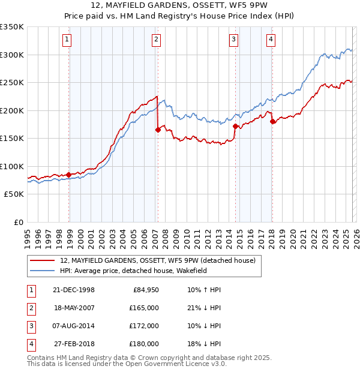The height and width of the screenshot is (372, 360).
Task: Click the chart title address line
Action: tap(179, 5)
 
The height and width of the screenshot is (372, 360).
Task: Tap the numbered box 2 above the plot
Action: tap(155, 40)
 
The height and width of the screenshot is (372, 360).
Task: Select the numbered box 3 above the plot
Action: tap(233, 40)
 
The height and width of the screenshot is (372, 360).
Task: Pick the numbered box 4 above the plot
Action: tap(271, 40)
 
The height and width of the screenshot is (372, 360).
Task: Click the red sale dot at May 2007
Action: tap(158, 129)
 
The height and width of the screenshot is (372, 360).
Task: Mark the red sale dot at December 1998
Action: tap(69, 175)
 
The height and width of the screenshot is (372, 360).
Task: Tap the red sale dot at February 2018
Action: tap(272, 121)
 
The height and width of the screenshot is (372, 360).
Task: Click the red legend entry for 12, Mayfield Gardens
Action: tap(158, 260)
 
